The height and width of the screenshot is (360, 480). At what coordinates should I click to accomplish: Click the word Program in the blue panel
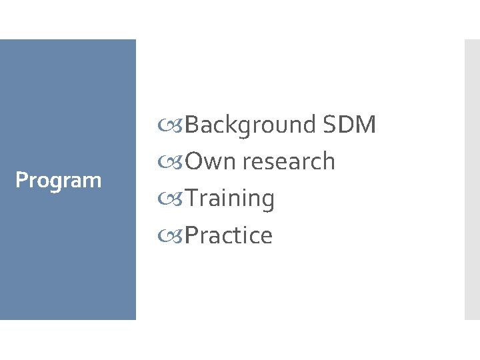point(58,180)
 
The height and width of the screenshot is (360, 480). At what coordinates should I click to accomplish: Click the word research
point(289,161)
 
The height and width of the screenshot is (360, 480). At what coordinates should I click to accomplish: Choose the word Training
point(230,199)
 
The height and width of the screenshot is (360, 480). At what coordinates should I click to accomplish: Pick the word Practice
point(229,235)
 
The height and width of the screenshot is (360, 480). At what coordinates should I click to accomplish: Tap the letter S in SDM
point(329,125)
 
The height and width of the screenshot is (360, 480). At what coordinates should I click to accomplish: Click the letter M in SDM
point(367,125)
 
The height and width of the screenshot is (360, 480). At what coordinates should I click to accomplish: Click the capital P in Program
point(21,180)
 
